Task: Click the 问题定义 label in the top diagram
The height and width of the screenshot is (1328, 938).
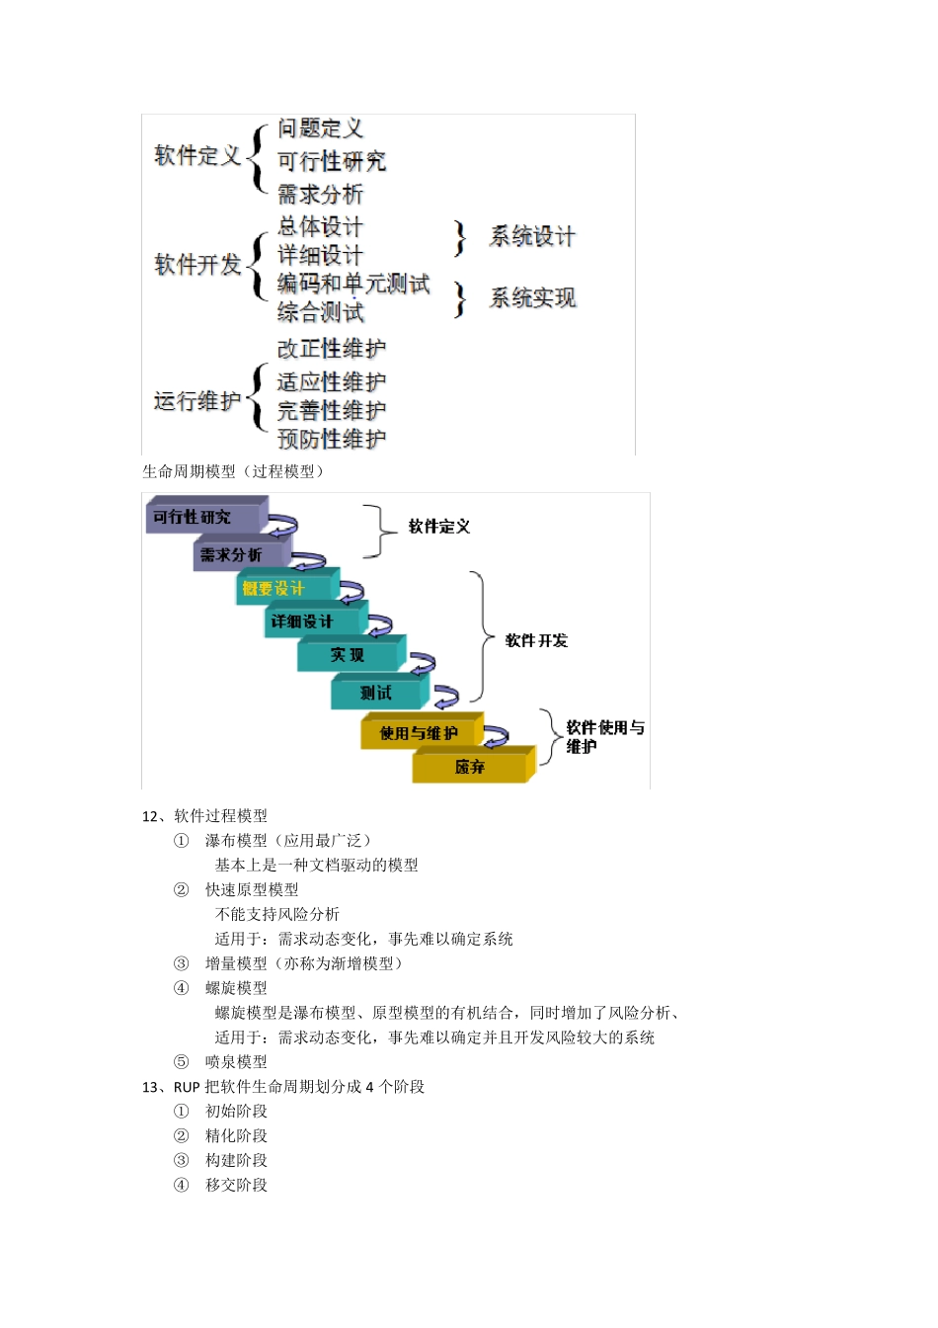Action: click(x=320, y=128)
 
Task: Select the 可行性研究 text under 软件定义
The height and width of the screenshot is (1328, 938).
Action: click(x=331, y=161)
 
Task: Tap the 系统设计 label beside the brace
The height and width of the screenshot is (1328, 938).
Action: click(x=532, y=237)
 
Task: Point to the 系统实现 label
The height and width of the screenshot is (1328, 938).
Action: click(x=532, y=298)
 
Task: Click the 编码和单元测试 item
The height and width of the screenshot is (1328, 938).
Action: click(x=353, y=285)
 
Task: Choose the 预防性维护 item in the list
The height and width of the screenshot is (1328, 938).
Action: click(x=331, y=439)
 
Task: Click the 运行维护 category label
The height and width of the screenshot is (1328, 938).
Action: click(x=196, y=401)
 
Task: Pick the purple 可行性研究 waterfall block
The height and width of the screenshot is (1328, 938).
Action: click(x=202, y=517)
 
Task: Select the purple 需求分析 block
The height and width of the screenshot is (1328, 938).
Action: click(x=237, y=554)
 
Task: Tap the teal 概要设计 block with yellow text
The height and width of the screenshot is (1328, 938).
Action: click(x=281, y=589)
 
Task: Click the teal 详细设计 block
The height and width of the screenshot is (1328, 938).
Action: click(x=311, y=622)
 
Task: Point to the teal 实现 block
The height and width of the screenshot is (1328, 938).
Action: click(x=348, y=655)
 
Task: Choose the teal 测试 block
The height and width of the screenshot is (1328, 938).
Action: click(x=377, y=693)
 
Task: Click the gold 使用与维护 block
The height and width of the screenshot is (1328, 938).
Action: click(x=420, y=733)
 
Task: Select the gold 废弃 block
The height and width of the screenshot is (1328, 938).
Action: click(x=470, y=767)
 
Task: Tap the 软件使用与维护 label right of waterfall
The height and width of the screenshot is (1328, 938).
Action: click(x=603, y=736)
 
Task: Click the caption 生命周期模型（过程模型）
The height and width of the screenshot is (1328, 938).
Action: click(x=233, y=471)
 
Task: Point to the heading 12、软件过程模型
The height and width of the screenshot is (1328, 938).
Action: click(x=204, y=816)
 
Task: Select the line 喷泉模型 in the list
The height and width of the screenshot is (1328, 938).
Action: click(x=236, y=1062)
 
